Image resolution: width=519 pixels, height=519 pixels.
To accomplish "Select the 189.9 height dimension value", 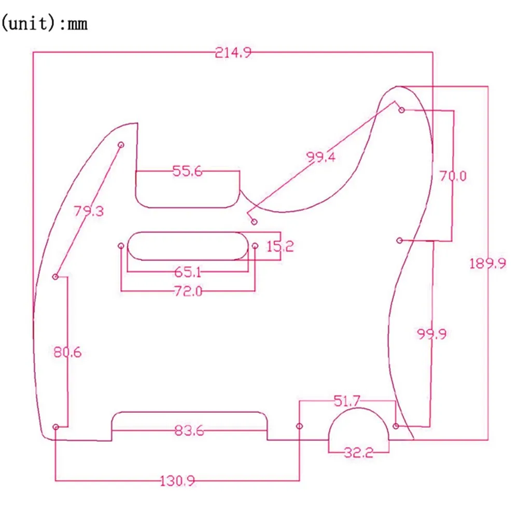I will [487, 263].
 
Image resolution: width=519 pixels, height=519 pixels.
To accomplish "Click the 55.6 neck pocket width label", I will [188, 172].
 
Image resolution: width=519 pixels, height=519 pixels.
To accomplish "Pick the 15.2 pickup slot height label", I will [280, 246].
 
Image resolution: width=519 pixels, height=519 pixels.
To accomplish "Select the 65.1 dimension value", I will [188, 271].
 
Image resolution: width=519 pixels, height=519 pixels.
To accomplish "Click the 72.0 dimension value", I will [188, 291].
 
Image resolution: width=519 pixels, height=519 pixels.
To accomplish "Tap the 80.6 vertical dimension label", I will [67, 353].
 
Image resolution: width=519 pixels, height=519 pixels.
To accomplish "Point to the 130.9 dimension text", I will [177, 481].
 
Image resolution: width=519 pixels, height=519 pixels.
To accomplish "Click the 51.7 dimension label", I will [347, 400].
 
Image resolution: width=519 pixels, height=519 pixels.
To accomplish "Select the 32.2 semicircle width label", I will [359, 453].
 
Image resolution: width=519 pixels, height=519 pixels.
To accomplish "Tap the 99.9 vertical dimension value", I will [432, 334].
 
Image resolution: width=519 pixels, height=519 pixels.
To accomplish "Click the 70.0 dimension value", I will [453, 176].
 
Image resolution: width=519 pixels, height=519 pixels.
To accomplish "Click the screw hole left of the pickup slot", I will [121, 245].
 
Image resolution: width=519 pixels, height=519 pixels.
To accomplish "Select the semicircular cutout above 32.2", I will [359, 425].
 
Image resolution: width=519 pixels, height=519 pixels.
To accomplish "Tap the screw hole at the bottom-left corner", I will [56, 427].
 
